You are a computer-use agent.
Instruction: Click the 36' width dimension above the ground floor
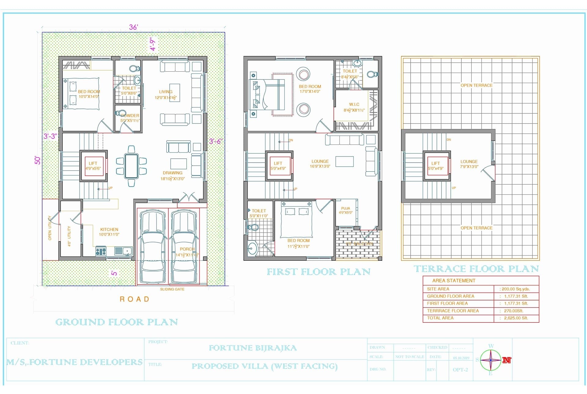click(133, 27)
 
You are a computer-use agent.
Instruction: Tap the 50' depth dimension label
click(37, 160)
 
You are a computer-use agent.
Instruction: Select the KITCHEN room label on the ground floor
click(109, 230)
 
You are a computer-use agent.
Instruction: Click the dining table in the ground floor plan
click(131, 166)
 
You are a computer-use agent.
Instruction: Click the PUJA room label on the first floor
click(345, 208)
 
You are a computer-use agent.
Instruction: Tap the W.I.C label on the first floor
click(354, 105)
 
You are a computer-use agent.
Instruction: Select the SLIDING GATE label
click(172, 289)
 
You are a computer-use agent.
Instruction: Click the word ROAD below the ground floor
click(135, 299)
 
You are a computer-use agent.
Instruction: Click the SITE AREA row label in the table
click(438, 289)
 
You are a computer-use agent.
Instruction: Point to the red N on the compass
click(507, 360)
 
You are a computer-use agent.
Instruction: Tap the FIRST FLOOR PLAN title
click(319, 272)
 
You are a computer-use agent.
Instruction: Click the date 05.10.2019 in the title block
click(461, 358)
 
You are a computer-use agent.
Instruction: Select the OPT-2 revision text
click(460, 370)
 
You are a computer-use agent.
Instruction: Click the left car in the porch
click(153, 246)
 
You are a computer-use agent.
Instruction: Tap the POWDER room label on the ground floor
click(130, 116)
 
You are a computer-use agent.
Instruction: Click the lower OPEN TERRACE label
click(476, 228)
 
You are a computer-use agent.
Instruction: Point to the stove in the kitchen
click(101, 252)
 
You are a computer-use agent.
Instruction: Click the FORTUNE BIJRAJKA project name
click(253, 348)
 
